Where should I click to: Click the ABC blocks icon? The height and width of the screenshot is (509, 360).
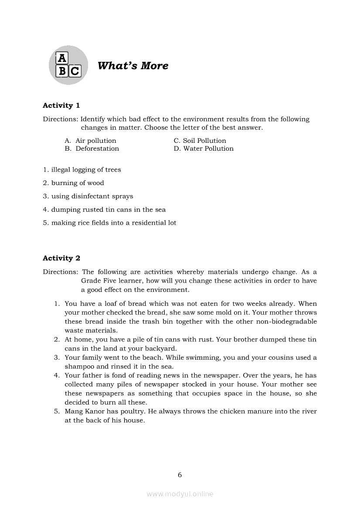coord(68,65)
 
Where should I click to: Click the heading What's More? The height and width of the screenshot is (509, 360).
coord(132,66)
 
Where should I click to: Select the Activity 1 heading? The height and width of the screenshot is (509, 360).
coord(61,105)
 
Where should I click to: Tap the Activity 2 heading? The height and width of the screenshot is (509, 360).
coord(61,258)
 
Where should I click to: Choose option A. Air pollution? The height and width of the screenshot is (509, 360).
coord(91,141)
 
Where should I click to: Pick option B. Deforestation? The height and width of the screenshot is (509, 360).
coord(92,148)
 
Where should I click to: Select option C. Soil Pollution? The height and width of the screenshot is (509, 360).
coord(200,141)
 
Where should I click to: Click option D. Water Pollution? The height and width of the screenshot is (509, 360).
coord(204,148)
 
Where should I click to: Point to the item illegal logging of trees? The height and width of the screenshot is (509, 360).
coord(82,170)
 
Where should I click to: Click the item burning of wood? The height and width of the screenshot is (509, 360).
coord(73,183)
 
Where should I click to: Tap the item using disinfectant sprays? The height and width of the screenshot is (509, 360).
coord(88,196)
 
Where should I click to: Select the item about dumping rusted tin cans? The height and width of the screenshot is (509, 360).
coord(104,209)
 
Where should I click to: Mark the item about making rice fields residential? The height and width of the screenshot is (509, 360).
coord(109,223)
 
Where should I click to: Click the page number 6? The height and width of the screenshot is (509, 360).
coord(180,475)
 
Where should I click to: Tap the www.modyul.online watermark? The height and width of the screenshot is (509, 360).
coord(180,494)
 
